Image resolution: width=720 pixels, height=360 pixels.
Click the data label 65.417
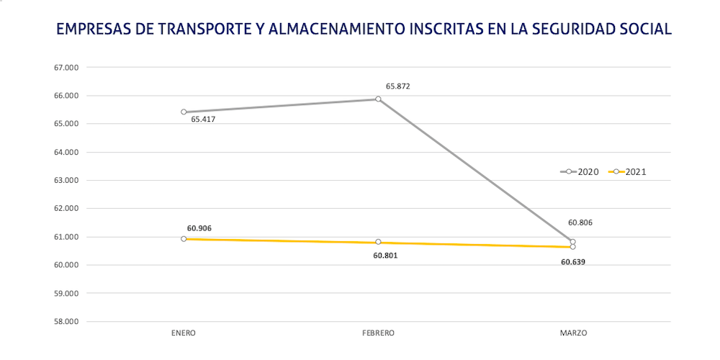[x=203, y=119]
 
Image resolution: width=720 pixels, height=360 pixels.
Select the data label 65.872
[x=398, y=86]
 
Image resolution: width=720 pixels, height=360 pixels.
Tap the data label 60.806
[x=580, y=222]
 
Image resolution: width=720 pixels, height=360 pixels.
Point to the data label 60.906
[x=199, y=228]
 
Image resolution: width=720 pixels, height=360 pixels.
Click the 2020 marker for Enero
[x=184, y=112]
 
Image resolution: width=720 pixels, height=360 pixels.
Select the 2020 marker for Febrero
[x=378, y=99]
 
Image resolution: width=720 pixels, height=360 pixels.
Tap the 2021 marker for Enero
[x=184, y=238]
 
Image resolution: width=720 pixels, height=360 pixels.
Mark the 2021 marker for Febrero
[x=378, y=242]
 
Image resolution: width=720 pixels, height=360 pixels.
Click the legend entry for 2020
[x=580, y=171]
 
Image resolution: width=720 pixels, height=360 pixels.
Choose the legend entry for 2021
[x=628, y=171]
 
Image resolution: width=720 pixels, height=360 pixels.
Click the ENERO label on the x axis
[x=184, y=333]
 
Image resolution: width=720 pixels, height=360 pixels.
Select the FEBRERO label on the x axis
[x=378, y=333]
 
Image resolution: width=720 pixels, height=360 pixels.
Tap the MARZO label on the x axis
[x=573, y=333]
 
